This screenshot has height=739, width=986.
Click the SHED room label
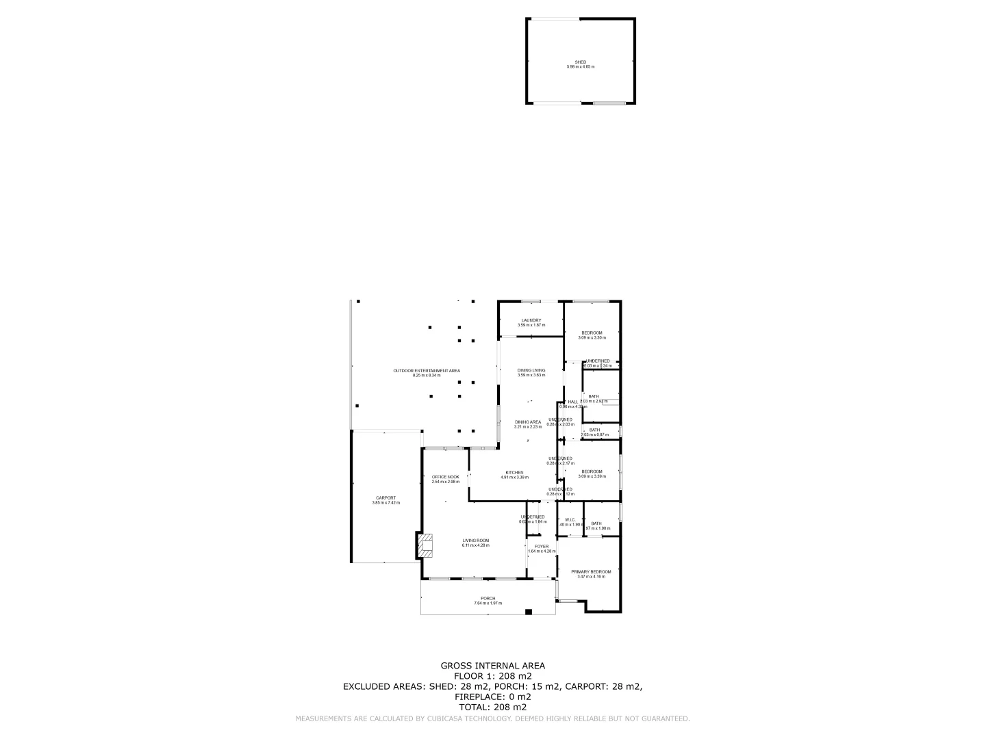tap(580, 62)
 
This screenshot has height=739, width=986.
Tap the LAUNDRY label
tap(531, 320)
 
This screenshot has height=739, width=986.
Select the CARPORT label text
tap(385, 498)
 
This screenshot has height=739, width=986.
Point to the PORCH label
tap(488, 599)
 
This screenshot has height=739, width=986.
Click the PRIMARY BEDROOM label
tap(591, 572)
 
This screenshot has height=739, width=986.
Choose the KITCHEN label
tap(514, 473)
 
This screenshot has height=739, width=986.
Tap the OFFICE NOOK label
tap(445, 477)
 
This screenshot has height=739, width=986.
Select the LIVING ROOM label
tap(475, 541)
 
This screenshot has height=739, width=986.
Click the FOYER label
tap(542, 547)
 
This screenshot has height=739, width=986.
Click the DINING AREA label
tap(527, 422)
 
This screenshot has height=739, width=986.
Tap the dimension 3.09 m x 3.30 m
tap(592, 337)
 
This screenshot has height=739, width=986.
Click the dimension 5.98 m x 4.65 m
tap(580, 67)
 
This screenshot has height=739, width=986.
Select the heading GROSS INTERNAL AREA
tap(492, 666)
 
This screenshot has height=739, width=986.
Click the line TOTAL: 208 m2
tap(492, 708)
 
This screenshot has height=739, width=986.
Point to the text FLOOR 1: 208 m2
tap(492, 676)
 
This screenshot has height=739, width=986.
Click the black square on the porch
tap(528, 612)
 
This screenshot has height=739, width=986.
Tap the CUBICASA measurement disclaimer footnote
tap(492, 719)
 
